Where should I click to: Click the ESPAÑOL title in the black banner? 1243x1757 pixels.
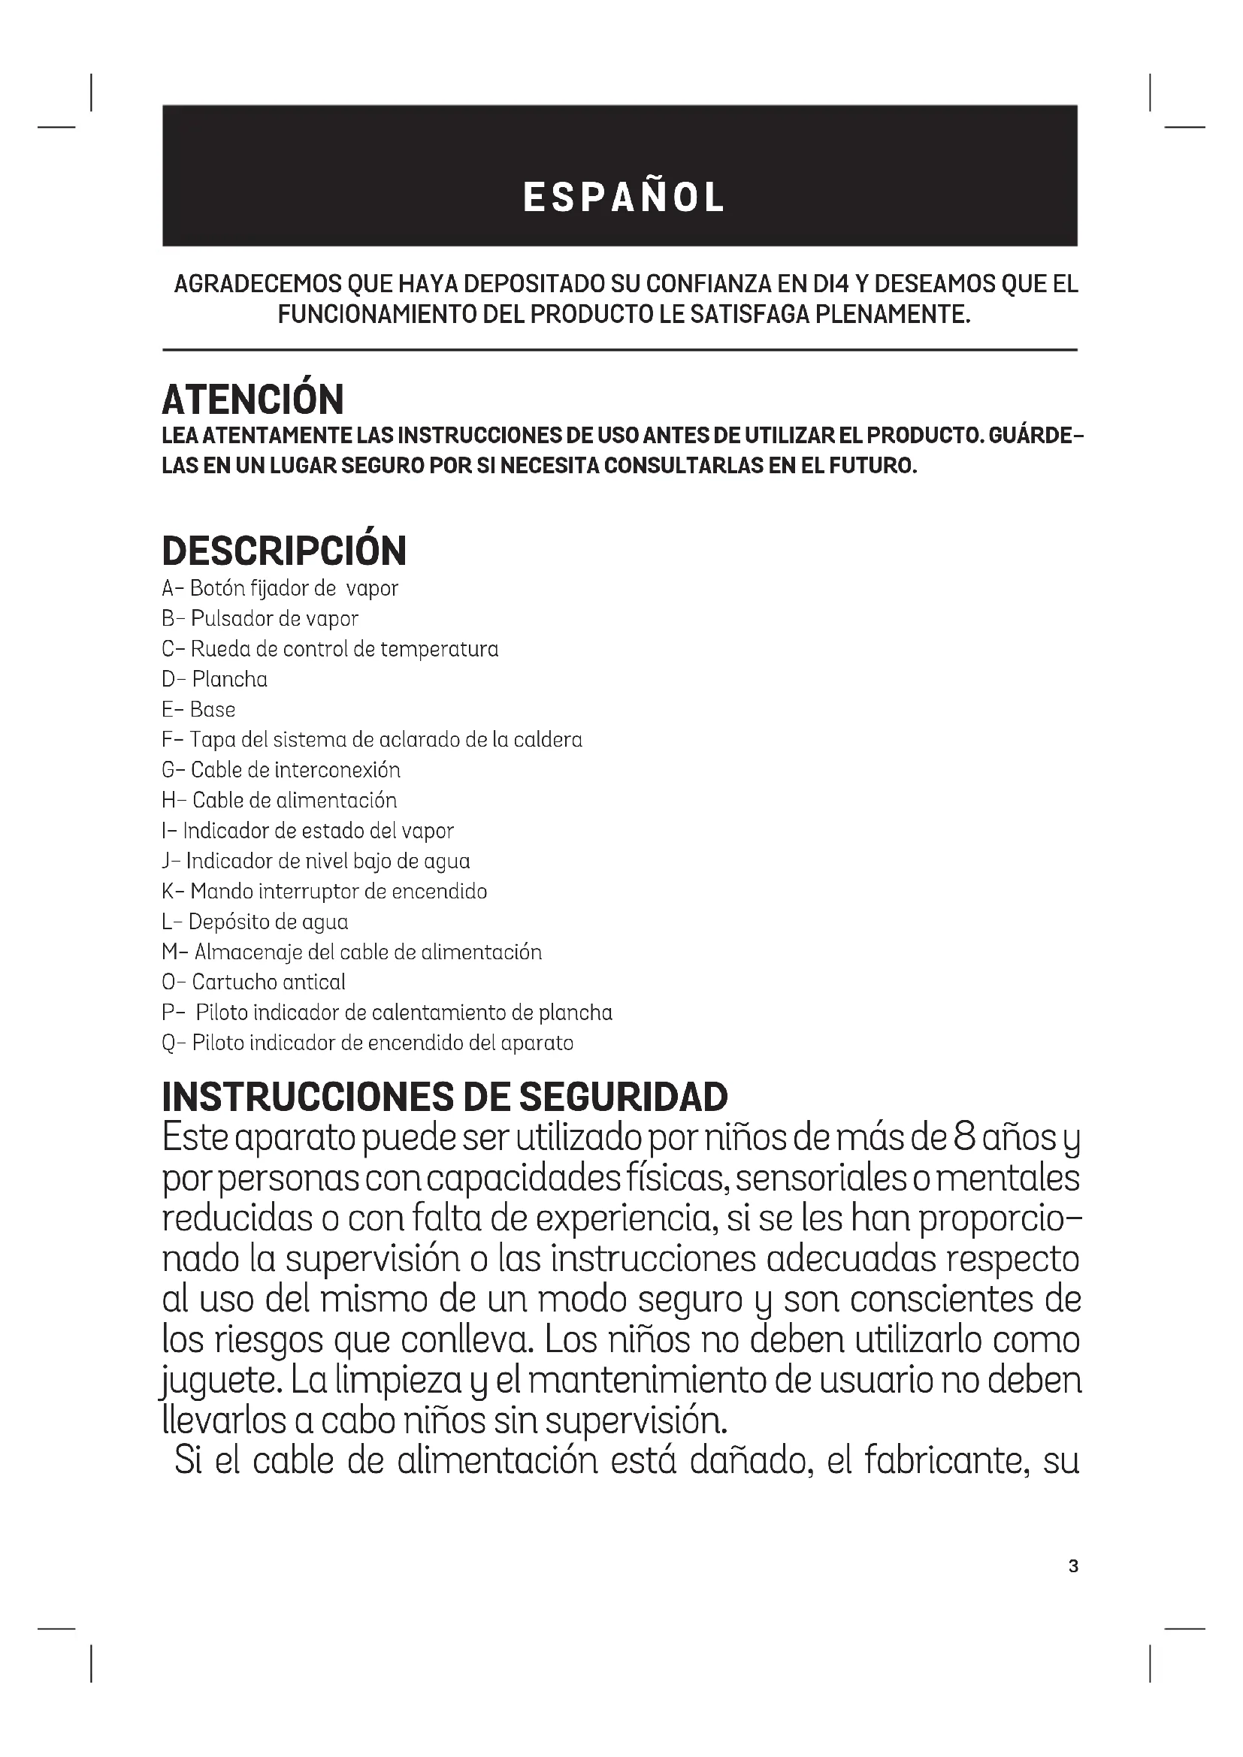click(x=623, y=198)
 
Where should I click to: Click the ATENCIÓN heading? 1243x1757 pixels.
click(x=253, y=399)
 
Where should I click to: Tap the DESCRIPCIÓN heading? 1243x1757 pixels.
click(x=284, y=551)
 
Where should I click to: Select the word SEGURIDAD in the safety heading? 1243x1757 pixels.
click(x=623, y=1097)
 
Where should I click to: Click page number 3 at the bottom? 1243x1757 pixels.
click(x=1073, y=1566)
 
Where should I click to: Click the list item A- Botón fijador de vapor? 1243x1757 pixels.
click(x=280, y=588)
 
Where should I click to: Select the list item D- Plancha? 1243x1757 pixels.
click(x=215, y=680)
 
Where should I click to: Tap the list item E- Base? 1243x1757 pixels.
click(x=199, y=709)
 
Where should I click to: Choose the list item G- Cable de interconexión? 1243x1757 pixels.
click(x=281, y=770)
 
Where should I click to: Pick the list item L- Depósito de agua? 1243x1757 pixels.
click(x=255, y=922)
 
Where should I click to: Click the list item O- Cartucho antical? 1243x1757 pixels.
click(x=253, y=983)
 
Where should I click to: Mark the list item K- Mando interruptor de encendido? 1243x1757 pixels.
click(x=325, y=892)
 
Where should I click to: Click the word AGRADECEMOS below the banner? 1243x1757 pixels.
click(x=258, y=284)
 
